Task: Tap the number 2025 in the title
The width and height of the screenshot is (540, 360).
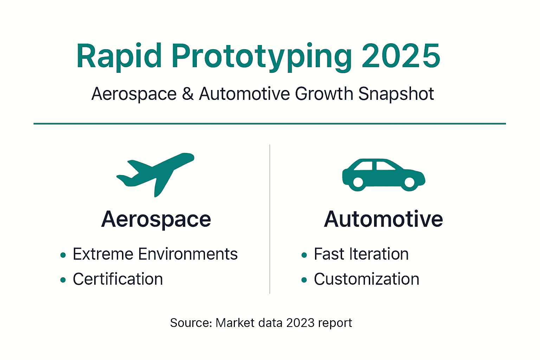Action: (401, 56)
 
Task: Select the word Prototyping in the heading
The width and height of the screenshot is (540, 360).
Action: (262, 56)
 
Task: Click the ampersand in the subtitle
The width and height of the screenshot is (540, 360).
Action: (188, 94)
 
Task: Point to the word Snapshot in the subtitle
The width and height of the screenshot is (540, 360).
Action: (396, 94)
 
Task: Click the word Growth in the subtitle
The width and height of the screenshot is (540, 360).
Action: (324, 94)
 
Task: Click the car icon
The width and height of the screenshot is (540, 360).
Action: (383, 175)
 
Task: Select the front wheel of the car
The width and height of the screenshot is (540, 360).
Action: (409, 182)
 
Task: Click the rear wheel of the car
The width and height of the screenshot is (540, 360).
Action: (358, 182)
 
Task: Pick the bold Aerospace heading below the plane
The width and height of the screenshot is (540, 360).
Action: (156, 219)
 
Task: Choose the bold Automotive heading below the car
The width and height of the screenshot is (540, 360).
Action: (383, 219)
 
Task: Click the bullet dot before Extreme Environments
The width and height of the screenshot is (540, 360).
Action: (63, 255)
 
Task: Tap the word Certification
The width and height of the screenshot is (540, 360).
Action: (118, 279)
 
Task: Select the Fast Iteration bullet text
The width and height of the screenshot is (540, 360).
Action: (361, 254)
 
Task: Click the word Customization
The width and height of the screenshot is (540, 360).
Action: (366, 279)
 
